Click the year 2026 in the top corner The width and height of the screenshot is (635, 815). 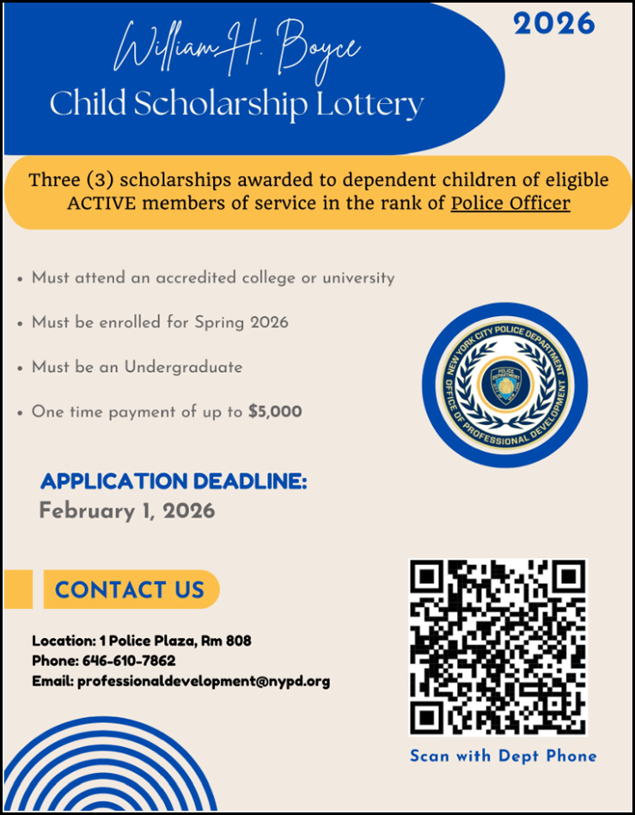554,24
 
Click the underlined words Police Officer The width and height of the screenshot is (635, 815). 510,204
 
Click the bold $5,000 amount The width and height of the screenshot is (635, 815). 275,411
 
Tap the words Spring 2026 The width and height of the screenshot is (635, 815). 242,322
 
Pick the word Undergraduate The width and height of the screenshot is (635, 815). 183,367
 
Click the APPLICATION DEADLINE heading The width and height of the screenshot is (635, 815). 173,481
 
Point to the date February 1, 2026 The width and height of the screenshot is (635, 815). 126,510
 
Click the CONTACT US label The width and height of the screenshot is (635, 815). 130,590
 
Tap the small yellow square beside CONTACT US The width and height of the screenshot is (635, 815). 18,589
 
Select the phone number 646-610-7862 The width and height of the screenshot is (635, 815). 129,661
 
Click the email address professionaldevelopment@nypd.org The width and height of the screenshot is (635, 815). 204,682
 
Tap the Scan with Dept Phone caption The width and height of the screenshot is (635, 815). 503,757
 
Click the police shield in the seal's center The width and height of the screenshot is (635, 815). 505,385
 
